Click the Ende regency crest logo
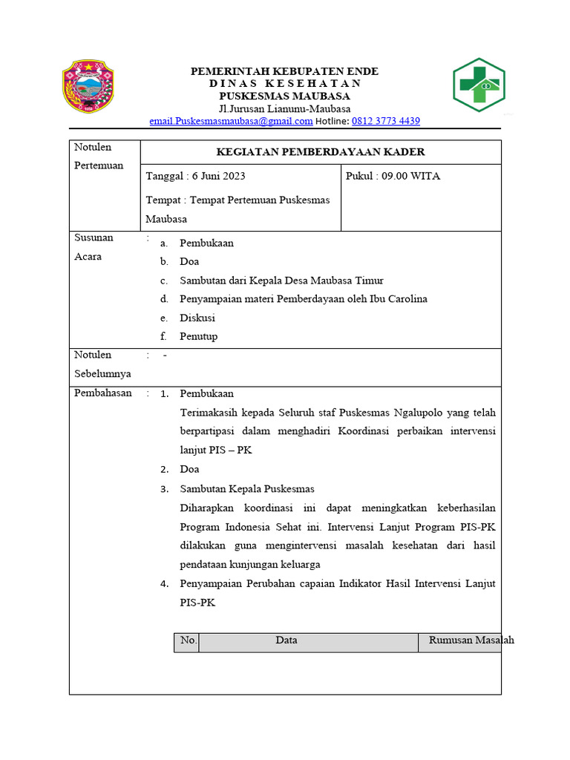88,87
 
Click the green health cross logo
479,85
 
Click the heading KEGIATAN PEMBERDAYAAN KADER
320,152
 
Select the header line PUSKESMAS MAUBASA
285,96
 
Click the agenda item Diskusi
197,318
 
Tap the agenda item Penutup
198,336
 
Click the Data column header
286,641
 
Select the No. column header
188,641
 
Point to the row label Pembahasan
103,393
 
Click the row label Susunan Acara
94,247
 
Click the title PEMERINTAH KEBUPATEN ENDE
285,71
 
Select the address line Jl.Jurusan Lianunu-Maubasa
285,108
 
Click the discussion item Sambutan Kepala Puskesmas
247,489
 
